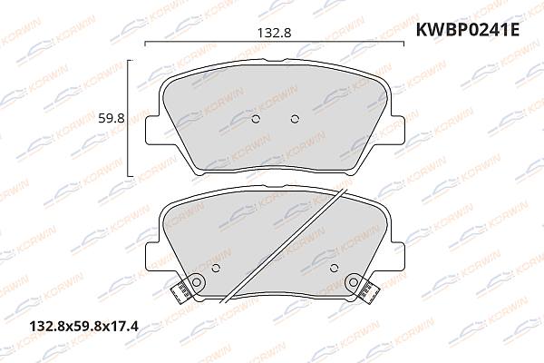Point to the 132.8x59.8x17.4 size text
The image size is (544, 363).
point(76,324)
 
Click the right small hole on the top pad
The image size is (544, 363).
point(294,118)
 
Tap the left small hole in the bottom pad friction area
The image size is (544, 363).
point(216,268)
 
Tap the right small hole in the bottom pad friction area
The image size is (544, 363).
point(333,268)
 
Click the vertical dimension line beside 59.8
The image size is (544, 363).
point(128,118)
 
